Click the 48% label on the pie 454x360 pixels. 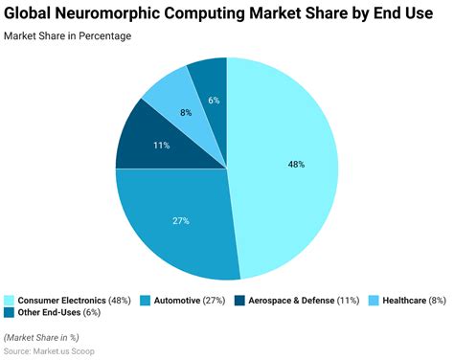click(x=296, y=164)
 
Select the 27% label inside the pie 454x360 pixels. click(x=181, y=220)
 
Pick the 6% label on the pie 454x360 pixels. click(x=215, y=101)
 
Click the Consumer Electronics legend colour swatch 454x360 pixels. click(x=9, y=301)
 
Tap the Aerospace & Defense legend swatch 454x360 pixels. click(x=239, y=301)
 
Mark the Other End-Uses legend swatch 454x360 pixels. click(x=9, y=313)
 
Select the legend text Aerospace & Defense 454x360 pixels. click(x=291, y=301)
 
